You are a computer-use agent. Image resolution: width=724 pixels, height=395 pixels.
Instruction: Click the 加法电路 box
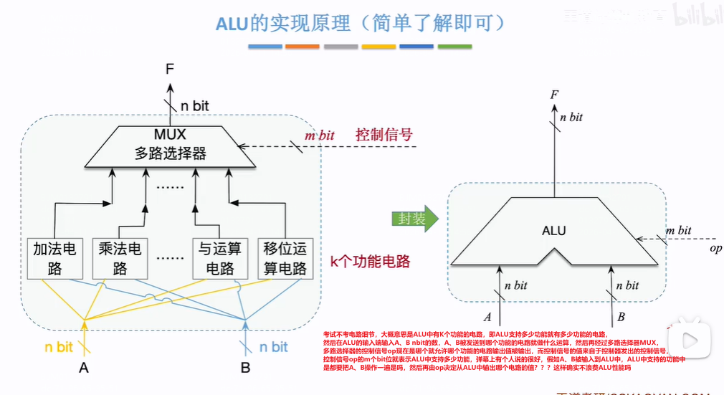(55, 259)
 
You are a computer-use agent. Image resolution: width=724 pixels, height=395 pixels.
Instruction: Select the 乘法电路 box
(120, 259)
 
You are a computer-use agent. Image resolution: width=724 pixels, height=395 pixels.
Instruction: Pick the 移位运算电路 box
(285, 259)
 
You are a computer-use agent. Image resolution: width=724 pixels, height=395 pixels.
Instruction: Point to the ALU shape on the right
(553, 232)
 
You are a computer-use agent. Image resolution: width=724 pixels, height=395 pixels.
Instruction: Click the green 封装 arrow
(410, 219)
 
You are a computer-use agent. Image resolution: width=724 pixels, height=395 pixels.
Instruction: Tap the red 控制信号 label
(384, 135)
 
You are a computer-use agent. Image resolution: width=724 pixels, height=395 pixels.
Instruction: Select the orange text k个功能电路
(370, 262)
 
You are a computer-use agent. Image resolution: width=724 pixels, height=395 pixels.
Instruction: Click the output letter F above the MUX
(169, 69)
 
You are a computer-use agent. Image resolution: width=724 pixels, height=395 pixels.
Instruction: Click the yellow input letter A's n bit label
(59, 347)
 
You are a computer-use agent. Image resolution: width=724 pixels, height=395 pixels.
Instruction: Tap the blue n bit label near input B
(273, 347)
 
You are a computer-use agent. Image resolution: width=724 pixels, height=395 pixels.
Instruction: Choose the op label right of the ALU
(715, 248)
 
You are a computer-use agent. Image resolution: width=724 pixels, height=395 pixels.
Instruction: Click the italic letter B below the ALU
(621, 317)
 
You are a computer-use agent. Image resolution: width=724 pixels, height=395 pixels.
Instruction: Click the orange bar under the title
(302, 47)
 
